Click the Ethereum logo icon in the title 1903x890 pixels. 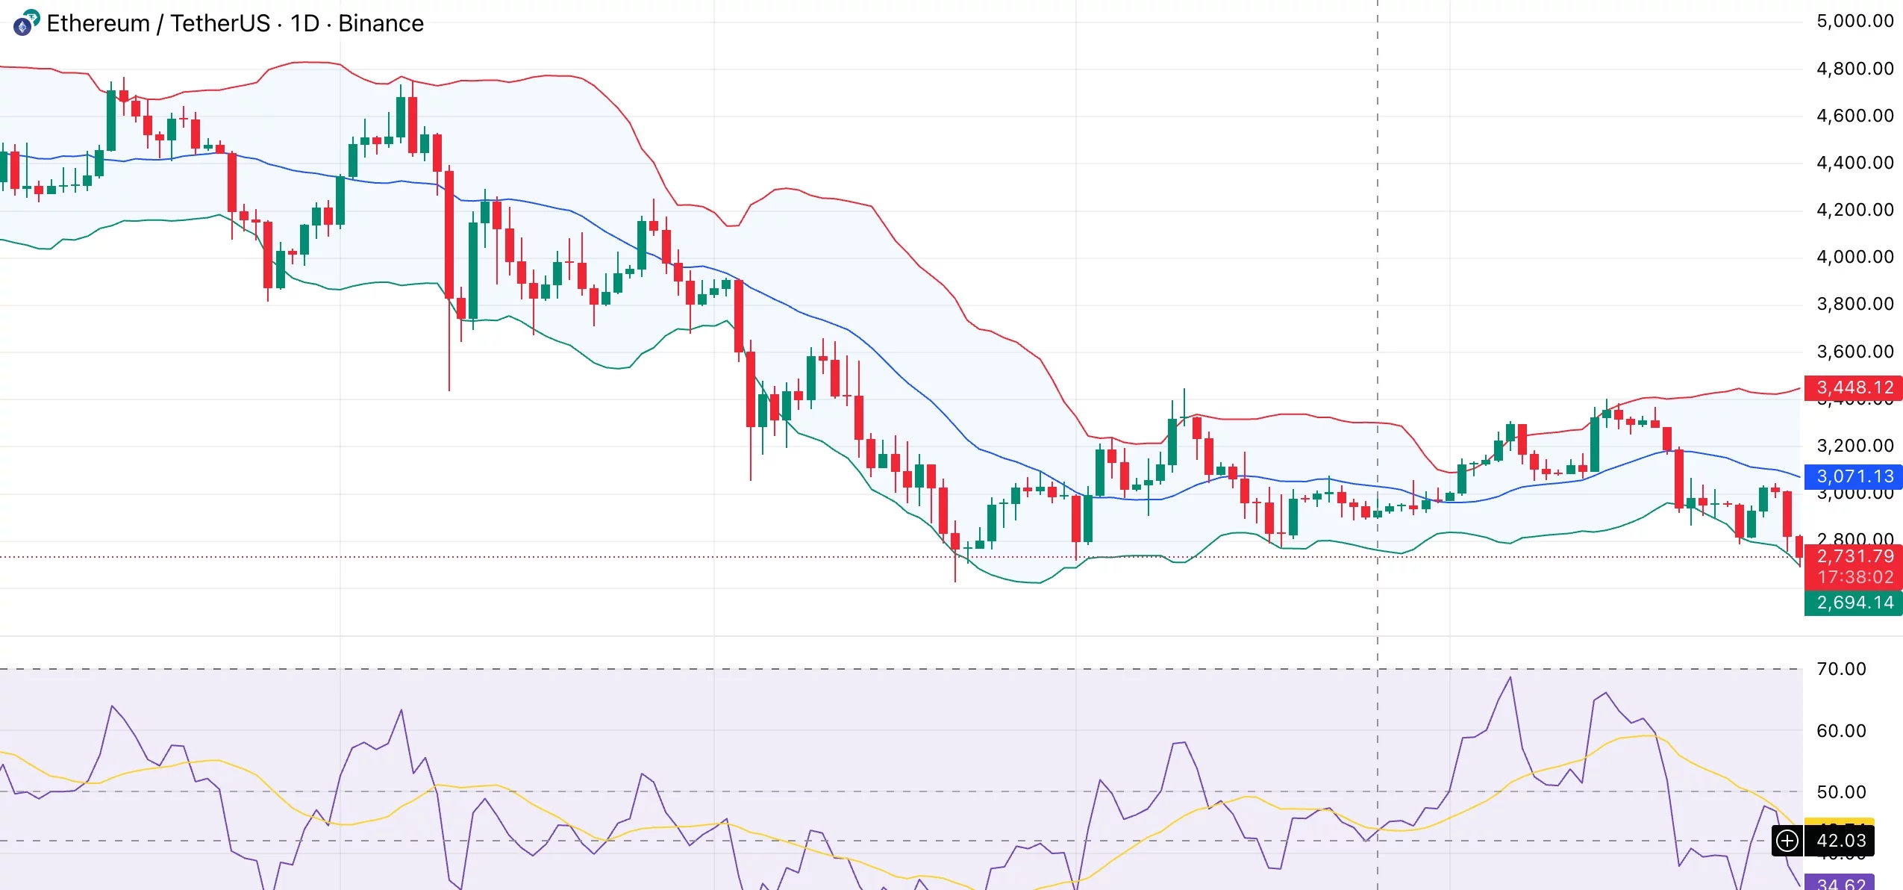tap(25, 24)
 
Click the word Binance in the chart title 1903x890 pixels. tap(381, 24)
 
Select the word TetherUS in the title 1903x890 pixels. tap(220, 24)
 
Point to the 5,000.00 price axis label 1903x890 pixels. tap(1854, 21)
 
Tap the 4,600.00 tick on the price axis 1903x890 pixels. tap(1854, 116)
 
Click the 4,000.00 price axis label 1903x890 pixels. tap(1854, 257)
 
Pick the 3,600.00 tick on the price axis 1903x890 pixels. tap(1854, 352)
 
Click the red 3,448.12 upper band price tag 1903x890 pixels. tap(1854, 388)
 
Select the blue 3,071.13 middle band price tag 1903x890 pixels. tap(1854, 476)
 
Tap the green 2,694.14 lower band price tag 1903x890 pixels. tap(1854, 603)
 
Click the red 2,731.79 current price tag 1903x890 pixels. tap(1854, 556)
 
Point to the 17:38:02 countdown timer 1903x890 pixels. tap(1854, 577)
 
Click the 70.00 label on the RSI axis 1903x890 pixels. tap(1841, 669)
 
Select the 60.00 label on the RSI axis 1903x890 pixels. tap(1841, 731)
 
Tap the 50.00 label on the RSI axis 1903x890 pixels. tap(1841, 792)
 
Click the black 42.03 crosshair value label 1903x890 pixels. tap(1840, 841)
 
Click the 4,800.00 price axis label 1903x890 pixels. tap(1854, 69)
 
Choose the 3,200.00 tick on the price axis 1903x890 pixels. tap(1854, 446)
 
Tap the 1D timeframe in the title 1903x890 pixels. tap(304, 24)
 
